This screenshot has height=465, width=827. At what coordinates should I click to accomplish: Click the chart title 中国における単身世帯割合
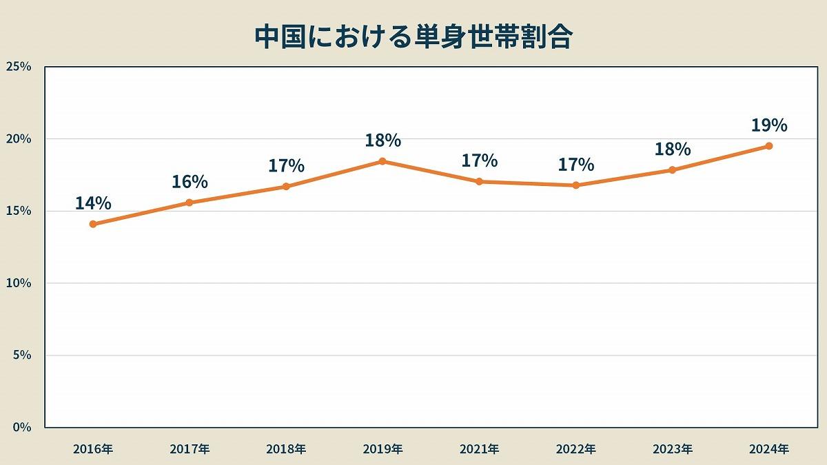pyautogui.click(x=413, y=37)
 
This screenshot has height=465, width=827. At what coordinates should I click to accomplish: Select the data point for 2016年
pyautogui.click(x=93, y=224)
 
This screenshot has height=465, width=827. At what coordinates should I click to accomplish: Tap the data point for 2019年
pyautogui.click(x=382, y=161)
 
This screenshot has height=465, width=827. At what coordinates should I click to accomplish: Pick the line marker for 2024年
pyautogui.click(x=769, y=146)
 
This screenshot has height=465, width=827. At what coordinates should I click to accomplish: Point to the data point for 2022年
pyautogui.click(x=576, y=185)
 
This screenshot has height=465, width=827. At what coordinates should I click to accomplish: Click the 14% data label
pyautogui.click(x=93, y=203)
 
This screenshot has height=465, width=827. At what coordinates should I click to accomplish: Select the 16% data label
pyautogui.click(x=190, y=182)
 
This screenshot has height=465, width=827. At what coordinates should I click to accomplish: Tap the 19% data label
pyautogui.click(x=769, y=125)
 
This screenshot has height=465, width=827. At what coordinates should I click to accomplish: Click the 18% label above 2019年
pyautogui.click(x=382, y=141)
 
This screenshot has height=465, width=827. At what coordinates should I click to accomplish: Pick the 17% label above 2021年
pyautogui.click(x=480, y=161)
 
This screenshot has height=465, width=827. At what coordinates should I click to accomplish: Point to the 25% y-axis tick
pyautogui.click(x=19, y=67)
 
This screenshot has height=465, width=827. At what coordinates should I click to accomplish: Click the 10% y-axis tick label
pyautogui.click(x=19, y=283)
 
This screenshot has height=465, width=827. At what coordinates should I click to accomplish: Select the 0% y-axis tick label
pyautogui.click(x=22, y=427)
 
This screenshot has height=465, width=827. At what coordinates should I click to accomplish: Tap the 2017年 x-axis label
pyautogui.click(x=190, y=448)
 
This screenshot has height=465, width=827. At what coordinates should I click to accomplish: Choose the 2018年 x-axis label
pyautogui.click(x=286, y=448)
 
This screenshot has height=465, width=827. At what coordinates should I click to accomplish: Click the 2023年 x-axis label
pyautogui.click(x=673, y=448)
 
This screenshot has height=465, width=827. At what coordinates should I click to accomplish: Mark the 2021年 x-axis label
pyautogui.click(x=480, y=448)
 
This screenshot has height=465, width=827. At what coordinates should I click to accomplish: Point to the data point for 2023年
pyautogui.click(x=673, y=170)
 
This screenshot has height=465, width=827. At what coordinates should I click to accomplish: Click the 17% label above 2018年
pyautogui.click(x=286, y=166)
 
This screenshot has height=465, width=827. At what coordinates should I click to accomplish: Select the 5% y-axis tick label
pyautogui.click(x=22, y=355)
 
